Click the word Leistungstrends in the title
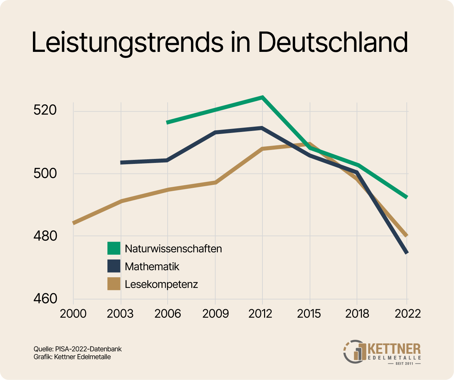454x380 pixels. click(127, 43)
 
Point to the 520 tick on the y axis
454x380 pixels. click(45, 110)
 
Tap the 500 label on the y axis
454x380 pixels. click(45, 173)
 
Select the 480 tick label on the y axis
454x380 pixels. click(45, 236)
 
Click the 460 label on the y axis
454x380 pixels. click(45, 299)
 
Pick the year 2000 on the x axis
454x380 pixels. click(73, 314)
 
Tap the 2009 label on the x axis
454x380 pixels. click(216, 314)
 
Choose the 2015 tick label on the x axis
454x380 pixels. click(309, 314)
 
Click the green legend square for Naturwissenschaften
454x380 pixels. click(114, 248)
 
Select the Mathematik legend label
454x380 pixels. click(152, 266)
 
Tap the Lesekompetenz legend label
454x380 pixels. click(161, 284)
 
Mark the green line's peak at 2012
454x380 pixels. click(262, 97)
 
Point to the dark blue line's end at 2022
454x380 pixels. click(406, 253)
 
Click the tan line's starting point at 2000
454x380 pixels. click(74, 223)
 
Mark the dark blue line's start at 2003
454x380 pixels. click(121, 163)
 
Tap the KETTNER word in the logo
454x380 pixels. click(394, 349)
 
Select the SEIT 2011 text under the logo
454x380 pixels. click(404, 364)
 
